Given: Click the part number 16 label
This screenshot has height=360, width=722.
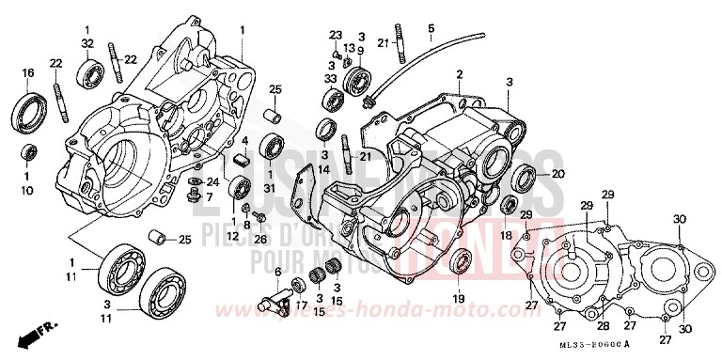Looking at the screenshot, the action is click(x=27, y=72).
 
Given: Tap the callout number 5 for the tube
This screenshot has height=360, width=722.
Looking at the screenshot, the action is click(x=431, y=29).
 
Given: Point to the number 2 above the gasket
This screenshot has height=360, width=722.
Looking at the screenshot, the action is click(x=461, y=73).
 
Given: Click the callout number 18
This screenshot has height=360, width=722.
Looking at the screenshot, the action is click(x=506, y=235).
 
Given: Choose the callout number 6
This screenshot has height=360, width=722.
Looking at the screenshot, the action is click(x=278, y=271).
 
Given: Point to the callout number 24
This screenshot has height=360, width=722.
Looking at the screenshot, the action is click(x=212, y=181).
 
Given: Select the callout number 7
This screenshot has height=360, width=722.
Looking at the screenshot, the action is click(x=209, y=197).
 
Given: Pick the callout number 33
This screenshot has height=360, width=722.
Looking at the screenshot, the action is click(x=330, y=79).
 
